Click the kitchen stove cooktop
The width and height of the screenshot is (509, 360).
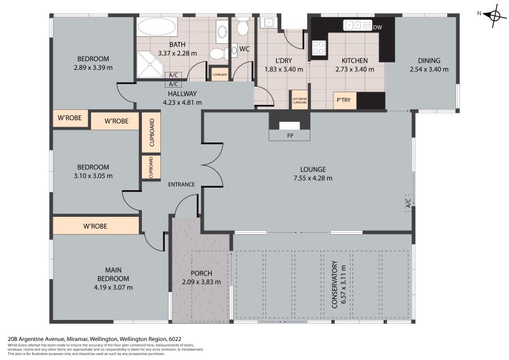(317, 47)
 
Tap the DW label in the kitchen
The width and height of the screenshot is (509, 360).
(377, 27)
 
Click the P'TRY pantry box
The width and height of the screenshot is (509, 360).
(342, 100)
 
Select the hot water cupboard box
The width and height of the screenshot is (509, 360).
(299, 100)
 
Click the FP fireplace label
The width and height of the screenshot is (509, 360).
(289, 135)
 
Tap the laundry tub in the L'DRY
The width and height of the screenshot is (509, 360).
(269, 23)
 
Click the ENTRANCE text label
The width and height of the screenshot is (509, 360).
(181, 184)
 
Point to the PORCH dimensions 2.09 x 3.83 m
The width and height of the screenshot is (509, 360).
(201, 282)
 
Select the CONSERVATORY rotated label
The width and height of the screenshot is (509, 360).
(334, 282)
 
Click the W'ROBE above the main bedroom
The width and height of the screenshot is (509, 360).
(95, 226)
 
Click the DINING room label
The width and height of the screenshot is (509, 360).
(425, 61)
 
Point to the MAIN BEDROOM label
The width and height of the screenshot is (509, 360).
(113, 274)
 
